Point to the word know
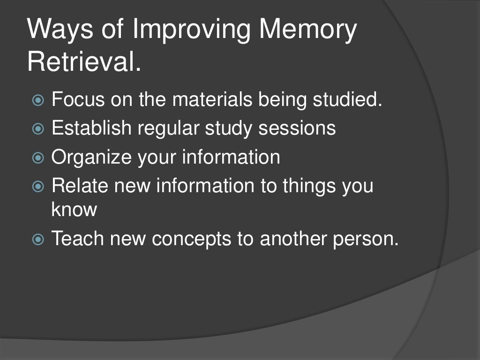(74, 209)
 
